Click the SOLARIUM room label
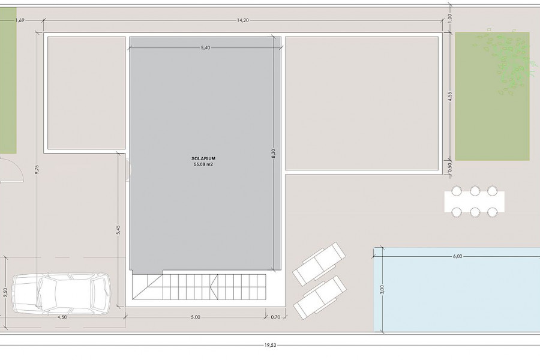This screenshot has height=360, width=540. pos(203,159)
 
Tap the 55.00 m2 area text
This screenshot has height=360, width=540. pos(203,164)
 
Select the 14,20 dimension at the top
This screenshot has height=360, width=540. pos(243,20)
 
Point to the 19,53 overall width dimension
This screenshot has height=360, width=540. pos(271,345)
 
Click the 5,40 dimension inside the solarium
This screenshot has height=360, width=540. pos(205,48)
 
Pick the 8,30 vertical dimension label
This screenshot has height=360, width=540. pos(274,154)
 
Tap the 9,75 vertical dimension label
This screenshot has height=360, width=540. pos(37,170)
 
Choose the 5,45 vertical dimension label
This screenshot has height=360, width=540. pos(118,230)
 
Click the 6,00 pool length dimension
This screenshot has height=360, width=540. pos(458,256)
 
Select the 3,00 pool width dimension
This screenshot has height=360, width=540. pos(382,290)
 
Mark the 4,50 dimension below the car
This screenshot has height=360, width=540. pos(62,317)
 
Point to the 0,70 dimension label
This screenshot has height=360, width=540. pos(275,317)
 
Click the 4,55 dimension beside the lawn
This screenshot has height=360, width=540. pos(450,96)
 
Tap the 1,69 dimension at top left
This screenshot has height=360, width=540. pos(20,20)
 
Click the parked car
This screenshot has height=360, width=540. pos(62,293)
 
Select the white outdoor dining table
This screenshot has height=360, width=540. pos(475,202)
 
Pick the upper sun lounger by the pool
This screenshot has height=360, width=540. pos(319,263)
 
